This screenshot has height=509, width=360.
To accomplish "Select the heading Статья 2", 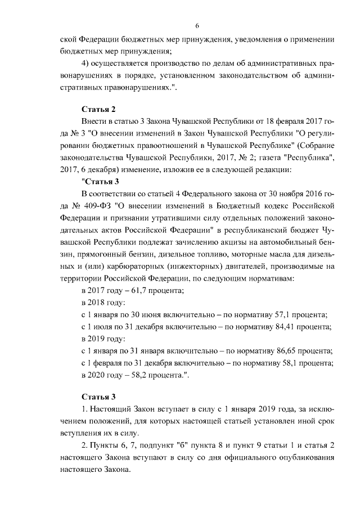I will [98, 109].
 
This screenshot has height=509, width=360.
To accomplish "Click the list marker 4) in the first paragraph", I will [87, 63].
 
